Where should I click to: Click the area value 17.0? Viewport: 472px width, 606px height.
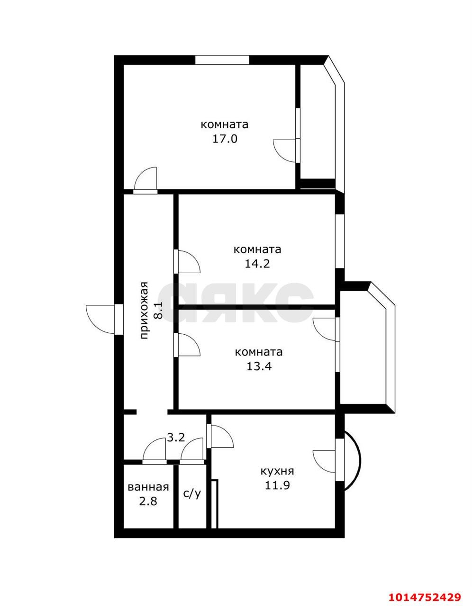[x=225, y=139]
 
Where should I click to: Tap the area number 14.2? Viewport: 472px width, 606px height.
[x=257, y=264]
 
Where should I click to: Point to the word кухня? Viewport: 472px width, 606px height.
[x=277, y=471]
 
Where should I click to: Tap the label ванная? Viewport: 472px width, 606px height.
[x=148, y=487]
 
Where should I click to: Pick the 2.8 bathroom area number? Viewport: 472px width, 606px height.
[x=148, y=501]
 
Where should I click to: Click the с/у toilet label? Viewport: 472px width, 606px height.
[x=192, y=493]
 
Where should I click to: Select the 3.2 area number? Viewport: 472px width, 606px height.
[x=175, y=437]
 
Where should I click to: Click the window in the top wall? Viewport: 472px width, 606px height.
[x=222, y=60]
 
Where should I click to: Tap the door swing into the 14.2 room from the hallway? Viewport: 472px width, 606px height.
[x=188, y=261]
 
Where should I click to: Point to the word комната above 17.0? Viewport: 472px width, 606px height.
[x=225, y=125]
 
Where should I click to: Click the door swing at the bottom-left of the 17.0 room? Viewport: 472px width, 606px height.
[x=145, y=179]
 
